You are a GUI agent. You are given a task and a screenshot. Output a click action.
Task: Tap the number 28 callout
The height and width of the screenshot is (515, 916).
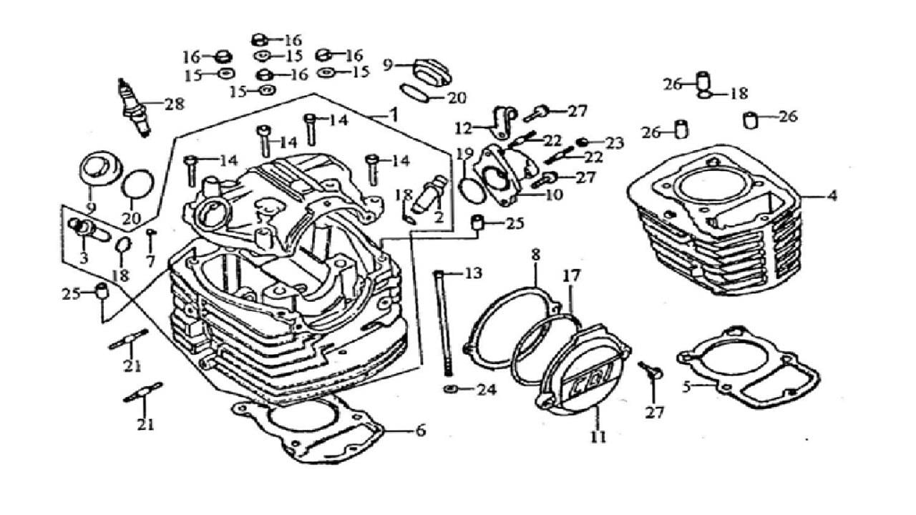point(173,104)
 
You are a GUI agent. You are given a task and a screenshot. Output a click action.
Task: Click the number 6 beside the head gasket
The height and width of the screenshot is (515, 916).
point(419,431)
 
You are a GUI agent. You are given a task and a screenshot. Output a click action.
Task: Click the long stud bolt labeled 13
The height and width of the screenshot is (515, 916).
point(443,322)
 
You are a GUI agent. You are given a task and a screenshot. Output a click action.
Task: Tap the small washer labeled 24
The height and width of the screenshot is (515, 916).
point(450,390)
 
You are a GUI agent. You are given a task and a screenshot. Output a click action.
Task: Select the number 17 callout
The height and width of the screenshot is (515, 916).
point(570,274)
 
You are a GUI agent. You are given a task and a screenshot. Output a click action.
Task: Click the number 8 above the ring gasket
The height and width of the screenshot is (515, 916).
point(535,255)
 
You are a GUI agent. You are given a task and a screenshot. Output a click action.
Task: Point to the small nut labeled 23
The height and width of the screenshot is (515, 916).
point(584,142)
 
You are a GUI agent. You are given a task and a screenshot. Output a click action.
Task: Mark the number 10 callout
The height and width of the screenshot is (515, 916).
point(554,195)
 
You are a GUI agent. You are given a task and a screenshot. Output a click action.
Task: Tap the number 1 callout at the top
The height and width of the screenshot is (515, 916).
point(393,114)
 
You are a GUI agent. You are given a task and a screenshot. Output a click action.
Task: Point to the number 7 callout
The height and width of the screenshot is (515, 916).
point(150,262)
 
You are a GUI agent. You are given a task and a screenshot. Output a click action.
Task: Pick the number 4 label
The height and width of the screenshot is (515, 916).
point(832,195)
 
